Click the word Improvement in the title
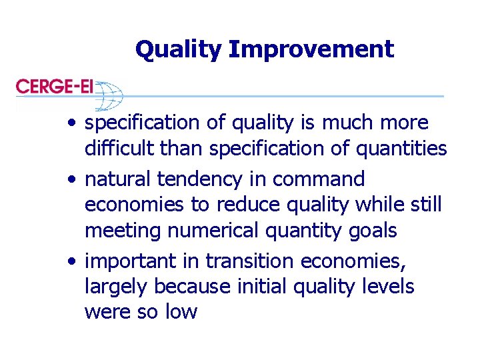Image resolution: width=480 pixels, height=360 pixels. tap(312, 49)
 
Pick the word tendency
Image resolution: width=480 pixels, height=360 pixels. tap(200, 179)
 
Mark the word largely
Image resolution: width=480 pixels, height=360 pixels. tap(117, 287)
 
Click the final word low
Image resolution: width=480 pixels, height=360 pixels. tap(179, 312)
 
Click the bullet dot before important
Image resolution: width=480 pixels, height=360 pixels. tap(71, 262)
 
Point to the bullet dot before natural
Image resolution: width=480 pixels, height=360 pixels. tap(71, 180)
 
